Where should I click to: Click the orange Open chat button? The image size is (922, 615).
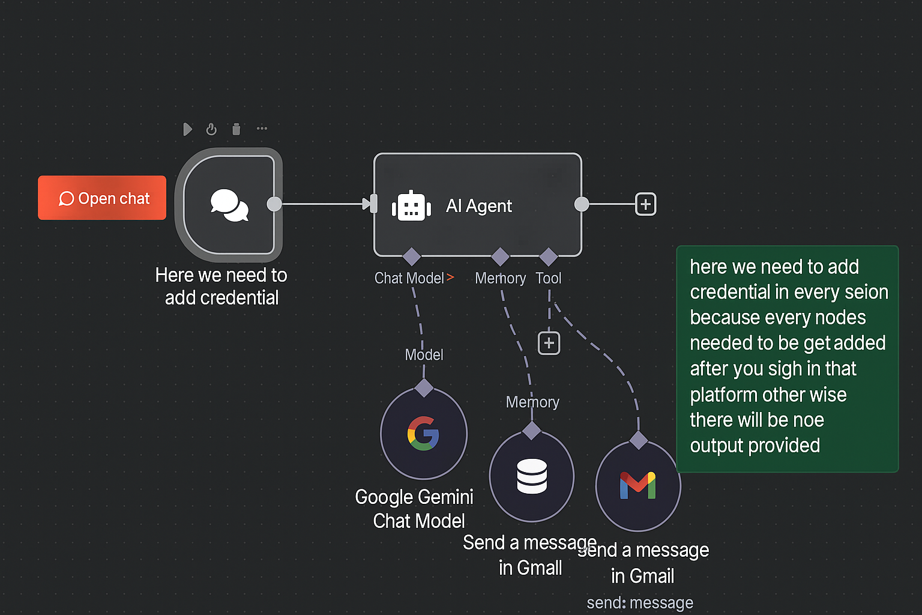102,198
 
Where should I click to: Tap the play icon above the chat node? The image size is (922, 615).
188,129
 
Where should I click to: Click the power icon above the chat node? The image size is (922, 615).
211,129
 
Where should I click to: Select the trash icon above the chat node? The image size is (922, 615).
237,129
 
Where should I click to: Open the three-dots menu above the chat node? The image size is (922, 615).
262,129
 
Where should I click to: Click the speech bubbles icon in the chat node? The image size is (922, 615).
229,205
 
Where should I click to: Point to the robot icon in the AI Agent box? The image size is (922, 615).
411,207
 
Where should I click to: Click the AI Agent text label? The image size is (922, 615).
478,206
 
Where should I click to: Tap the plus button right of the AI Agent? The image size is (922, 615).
645,204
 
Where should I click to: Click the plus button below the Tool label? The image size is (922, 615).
549,343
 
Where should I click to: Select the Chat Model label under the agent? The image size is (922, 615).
409,278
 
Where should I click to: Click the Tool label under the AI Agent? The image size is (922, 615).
548,278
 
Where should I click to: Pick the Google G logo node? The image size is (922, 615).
424,433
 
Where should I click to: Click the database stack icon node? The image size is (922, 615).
532,476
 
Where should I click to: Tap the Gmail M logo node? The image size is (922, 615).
638,485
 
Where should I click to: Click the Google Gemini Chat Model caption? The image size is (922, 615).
415,509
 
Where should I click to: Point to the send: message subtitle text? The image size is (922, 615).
640,602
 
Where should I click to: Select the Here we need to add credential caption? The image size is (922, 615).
221,286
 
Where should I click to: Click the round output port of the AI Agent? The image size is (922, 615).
582,204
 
